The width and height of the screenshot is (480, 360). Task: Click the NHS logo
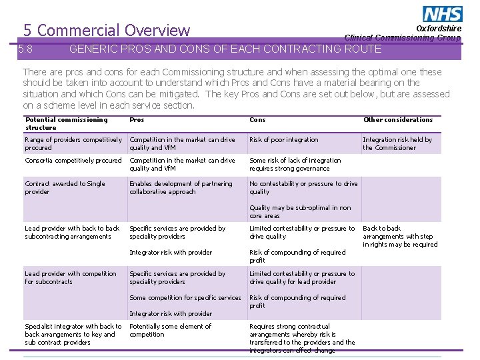click(x=442, y=14)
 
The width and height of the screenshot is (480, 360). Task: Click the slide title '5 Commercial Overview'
click(x=107, y=30)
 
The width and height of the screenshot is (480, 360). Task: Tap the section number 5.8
click(x=26, y=49)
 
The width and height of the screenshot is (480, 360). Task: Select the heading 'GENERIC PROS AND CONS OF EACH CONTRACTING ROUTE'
click(x=225, y=49)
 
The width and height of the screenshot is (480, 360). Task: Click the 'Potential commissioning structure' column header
click(x=66, y=123)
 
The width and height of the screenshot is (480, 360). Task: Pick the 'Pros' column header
click(x=137, y=120)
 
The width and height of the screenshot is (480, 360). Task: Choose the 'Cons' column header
click(x=257, y=120)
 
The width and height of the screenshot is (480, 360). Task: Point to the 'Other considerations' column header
click(x=398, y=120)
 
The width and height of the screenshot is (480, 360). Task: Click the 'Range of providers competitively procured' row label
click(x=73, y=143)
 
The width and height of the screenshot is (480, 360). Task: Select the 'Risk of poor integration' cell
click(x=284, y=140)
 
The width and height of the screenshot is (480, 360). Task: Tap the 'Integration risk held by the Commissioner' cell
click(x=397, y=143)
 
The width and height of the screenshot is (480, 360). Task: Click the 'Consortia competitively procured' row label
click(x=73, y=161)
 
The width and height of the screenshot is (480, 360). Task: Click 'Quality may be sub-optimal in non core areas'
click(x=300, y=211)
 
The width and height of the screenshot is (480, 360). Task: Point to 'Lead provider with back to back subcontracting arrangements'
click(x=72, y=232)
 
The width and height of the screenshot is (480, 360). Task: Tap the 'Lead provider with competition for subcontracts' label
click(x=70, y=277)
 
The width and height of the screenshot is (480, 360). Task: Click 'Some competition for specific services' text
click(x=185, y=298)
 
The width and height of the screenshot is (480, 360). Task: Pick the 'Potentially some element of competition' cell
click(x=170, y=330)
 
